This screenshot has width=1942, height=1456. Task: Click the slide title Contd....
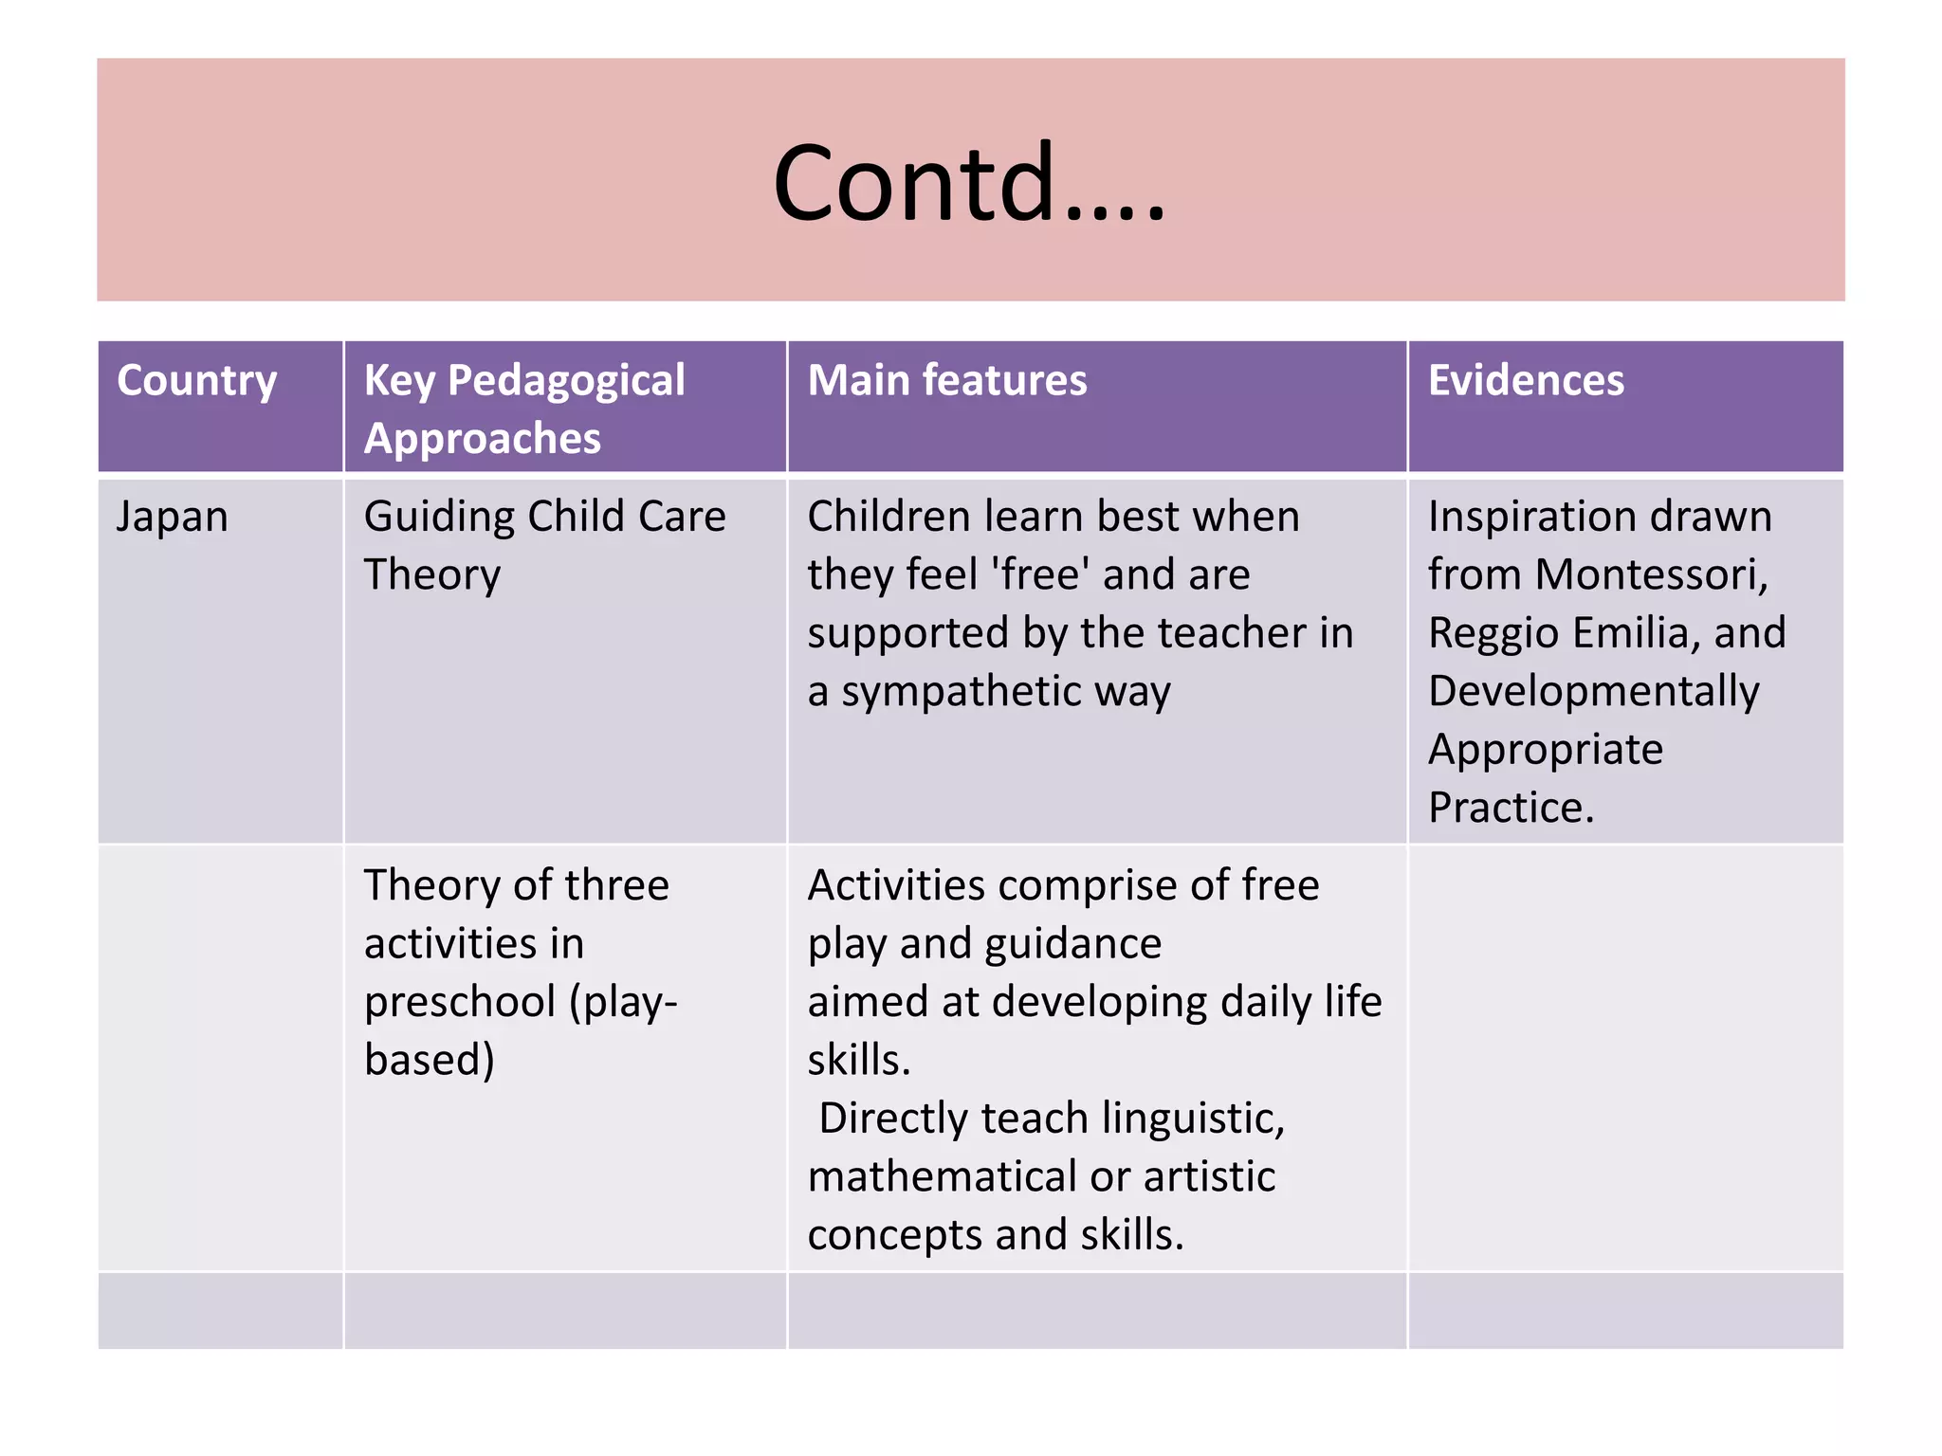[x=969, y=182]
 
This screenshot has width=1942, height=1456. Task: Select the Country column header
[x=197, y=381]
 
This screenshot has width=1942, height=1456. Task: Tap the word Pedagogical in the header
[x=566, y=381]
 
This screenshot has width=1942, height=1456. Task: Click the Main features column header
[x=946, y=380]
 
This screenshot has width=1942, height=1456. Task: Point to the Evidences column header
[x=1526, y=380]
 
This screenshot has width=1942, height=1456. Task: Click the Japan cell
[x=172, y=518]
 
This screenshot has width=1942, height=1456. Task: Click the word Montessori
[x=1651, y=574]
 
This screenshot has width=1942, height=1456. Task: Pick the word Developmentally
[x=1593, y=692]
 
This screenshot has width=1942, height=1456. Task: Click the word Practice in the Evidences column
[x=1511, y=808]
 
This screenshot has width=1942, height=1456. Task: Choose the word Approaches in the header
[x=482, y=439]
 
